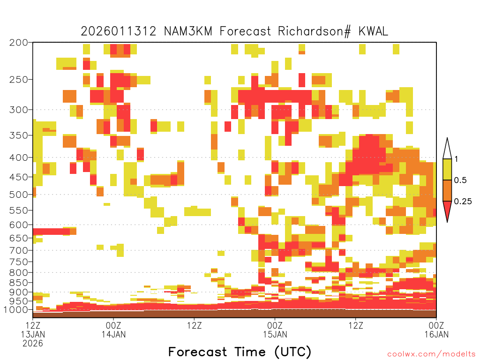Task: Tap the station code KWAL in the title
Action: [x=373, y=31]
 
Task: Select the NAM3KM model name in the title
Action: [x=188, y=31]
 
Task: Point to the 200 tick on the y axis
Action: [x=19, y=43]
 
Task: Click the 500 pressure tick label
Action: [x=19, y=195]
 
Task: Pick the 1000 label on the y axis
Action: [x=15, y=309]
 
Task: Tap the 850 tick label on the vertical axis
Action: [x=19, y=283]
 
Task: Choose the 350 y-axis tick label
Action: [x=19, y=135]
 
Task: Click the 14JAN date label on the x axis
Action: [x=113, y=334]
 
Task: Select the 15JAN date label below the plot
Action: [x=275, y=334]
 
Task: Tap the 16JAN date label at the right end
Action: [x=436, y=334]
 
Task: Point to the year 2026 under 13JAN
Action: [x=33, y=344]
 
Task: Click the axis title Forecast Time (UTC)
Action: [x=240, y=352]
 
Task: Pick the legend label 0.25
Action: [x=463, y=202]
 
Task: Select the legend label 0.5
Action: [x=460, y=180]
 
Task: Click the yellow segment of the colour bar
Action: [x=447, y=169]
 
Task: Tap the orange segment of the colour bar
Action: [x=447, y=190]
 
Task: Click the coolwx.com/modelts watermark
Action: [x=431, y=354]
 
